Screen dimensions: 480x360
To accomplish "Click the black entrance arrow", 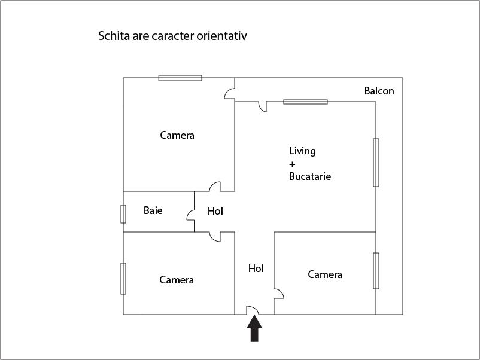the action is (254, 329).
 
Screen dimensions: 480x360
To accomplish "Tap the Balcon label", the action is (379, 91).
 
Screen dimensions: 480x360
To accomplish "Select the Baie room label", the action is (153, 210).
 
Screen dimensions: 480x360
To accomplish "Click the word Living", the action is (302, 151).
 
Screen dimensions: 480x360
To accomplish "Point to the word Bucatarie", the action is (310, 176).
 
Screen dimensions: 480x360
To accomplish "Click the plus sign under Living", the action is (292, 164).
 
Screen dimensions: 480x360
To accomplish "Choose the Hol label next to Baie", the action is (215, 211).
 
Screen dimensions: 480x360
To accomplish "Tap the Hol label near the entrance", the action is (256, 269).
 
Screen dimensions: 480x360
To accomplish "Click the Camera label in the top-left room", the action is (177, 135).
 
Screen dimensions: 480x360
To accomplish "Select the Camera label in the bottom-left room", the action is (177, 280).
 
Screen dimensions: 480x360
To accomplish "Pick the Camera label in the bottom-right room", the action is (325, 274).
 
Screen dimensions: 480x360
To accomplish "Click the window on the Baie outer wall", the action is (123, 214).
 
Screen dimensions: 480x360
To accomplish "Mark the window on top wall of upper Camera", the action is (180, 78).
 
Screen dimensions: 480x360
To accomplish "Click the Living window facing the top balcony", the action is (305, 102).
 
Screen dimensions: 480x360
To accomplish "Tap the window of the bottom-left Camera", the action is (123, 278).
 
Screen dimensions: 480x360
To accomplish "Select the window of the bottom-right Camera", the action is (376, 271).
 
